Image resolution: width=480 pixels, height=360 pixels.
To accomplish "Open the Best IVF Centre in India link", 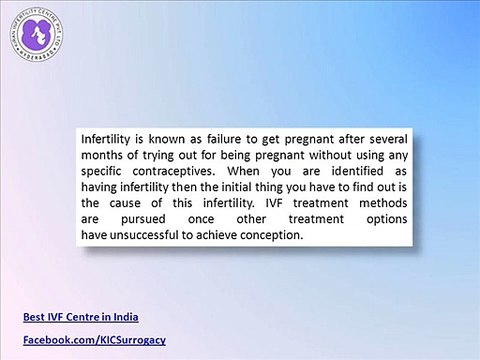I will (x=80, y=318).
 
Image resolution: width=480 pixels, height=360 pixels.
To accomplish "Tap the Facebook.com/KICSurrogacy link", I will (x=94, y=341).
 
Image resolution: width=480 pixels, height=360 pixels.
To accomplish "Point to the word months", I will (x=105, y=157).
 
